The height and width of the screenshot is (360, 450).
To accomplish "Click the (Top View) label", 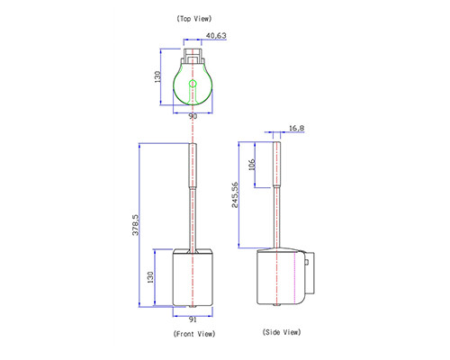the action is pos(194,19).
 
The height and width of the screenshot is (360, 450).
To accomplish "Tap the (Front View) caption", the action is pos(194,334).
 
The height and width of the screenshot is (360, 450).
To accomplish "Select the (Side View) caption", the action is pos(282,332).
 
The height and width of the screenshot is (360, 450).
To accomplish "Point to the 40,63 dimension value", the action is pos(216,35).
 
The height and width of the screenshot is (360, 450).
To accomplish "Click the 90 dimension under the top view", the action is pos(193,116).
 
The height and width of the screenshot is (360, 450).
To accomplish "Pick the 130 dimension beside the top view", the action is pos(157,76).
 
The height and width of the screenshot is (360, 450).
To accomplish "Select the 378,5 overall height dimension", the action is pos(136,225).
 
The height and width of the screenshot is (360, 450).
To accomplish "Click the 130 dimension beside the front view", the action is pos(150,277).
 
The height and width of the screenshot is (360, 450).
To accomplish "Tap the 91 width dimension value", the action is pos(193,319).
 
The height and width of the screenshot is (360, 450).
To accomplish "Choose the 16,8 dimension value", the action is pos(296,129).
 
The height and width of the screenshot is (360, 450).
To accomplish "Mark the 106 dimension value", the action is pos(252,165).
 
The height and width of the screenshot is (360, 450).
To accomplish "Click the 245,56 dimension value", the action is pos(235,194).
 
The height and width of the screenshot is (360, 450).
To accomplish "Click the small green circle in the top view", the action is pos(193,84).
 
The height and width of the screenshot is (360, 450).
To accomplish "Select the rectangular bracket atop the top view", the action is pos(193,56).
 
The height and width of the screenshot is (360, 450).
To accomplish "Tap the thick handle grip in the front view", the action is pos(193,166).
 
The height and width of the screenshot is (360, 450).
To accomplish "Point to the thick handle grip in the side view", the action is pos(276,165).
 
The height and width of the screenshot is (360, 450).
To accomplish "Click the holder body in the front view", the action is pos(193,277).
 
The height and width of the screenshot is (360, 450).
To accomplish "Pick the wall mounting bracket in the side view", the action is pos(310,273).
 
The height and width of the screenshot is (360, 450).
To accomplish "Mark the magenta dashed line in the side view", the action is pos(295,277).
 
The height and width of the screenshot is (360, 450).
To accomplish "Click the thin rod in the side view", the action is pos(276,218).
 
